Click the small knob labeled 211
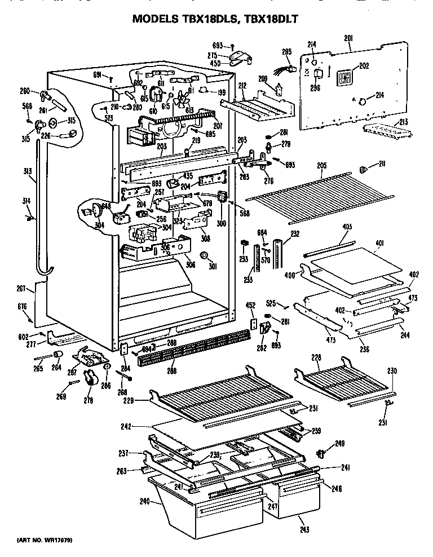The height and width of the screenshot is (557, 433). pyautogui.click(x=364, y=169)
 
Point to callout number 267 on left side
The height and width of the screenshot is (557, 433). pyautogui.click(x=21, y=289)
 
